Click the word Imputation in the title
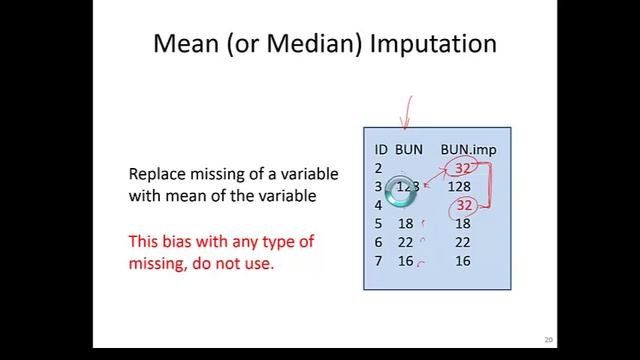433,44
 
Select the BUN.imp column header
468,150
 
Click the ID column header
381,150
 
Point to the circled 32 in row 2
462,168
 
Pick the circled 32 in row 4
462,205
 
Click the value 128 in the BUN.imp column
459,187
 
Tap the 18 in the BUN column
405,224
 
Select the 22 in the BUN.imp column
462,242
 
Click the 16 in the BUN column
405,261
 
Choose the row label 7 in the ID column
378,261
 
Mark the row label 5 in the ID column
378,224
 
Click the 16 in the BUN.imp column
462,261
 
